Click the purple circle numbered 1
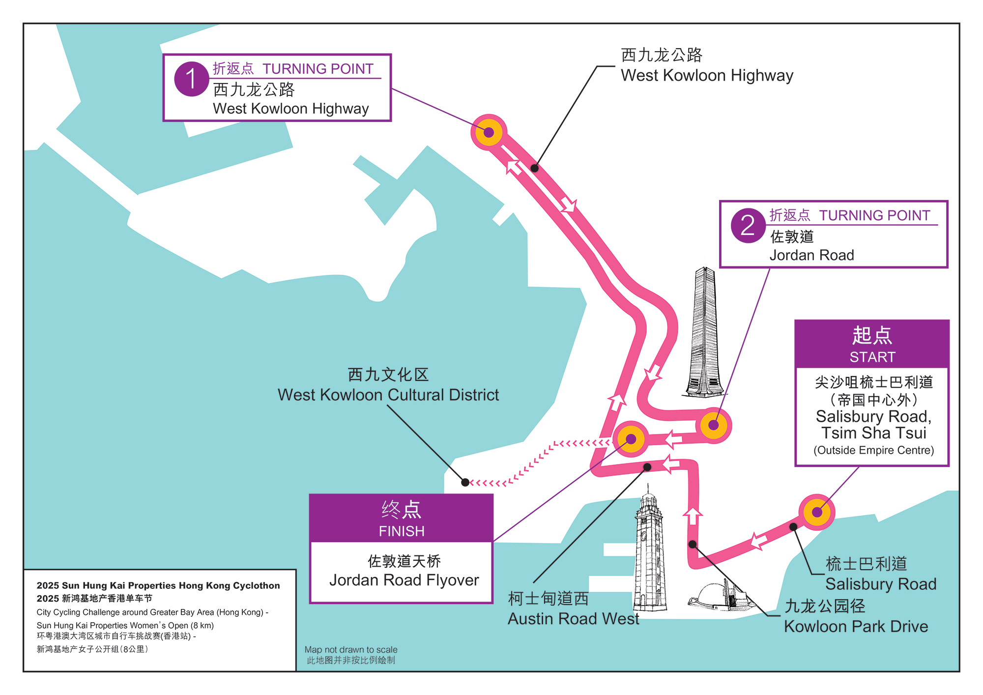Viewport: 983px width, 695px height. (192, 79)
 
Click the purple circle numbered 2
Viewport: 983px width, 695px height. (748, 226)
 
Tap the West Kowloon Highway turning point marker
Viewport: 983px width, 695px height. (489, 132)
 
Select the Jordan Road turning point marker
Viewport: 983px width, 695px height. (714, 425)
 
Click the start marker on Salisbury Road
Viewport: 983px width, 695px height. (817, 512)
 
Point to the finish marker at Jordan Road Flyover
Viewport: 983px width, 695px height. (631, 439)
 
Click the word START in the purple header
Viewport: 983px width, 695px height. (872, 357)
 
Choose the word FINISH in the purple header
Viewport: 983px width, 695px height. (402, 531)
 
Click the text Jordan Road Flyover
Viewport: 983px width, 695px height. (404, 580)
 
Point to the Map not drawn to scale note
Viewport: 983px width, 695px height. (351, 650)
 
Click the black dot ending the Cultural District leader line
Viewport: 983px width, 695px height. (465, 482)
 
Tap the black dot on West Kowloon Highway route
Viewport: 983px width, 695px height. (535, 168)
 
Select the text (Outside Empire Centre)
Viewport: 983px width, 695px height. (873, 450)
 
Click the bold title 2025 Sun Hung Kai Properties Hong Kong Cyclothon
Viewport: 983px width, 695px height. (158, 585)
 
